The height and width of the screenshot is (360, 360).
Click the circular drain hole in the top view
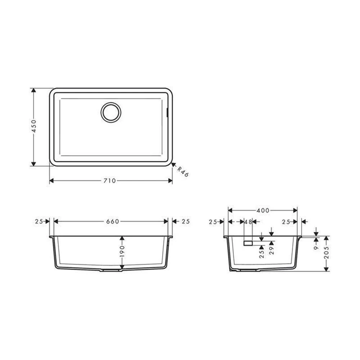pyautogui.click(x=111, y=112)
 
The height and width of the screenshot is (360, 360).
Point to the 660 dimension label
pyautogui.click(x=112, y=221)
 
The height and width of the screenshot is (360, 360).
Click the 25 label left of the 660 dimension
pyautogui.click(x=39, y=221)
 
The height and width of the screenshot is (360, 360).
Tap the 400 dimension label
pyautogui.click(x=263, y=211)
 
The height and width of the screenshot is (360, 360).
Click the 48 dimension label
pyautogui.click(x=248, y=222)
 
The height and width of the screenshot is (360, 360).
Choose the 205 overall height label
pyautogui.click(x=327, y=254)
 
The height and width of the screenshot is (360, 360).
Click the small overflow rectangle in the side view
pyautogui.click(x=248, y=243)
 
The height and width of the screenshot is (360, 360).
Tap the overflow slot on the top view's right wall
pyautogui.click(x=167, y=112)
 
